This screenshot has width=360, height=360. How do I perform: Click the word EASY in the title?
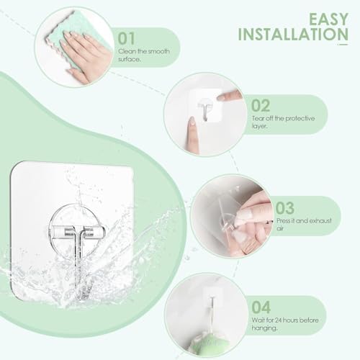click(328, 19)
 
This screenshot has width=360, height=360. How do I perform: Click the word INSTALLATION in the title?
click(293, 35)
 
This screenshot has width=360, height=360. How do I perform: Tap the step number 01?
click(127, 39)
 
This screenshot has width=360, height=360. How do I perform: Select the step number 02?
click(261, 106)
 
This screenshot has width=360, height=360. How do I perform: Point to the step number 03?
click(285, 208)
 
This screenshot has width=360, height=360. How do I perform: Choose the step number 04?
click(261, 307)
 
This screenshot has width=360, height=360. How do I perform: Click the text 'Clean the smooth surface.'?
click(144, 55)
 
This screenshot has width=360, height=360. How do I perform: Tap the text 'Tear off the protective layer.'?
click(283, 122)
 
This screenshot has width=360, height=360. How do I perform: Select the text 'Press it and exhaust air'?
click(304, 224)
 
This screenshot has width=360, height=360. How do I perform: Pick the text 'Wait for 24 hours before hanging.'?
click(285, 324)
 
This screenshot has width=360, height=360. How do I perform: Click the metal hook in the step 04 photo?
click(212, 312)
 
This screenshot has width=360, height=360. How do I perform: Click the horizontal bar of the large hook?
click(76, 233)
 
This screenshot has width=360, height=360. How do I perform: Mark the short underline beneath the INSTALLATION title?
click(343, 45)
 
